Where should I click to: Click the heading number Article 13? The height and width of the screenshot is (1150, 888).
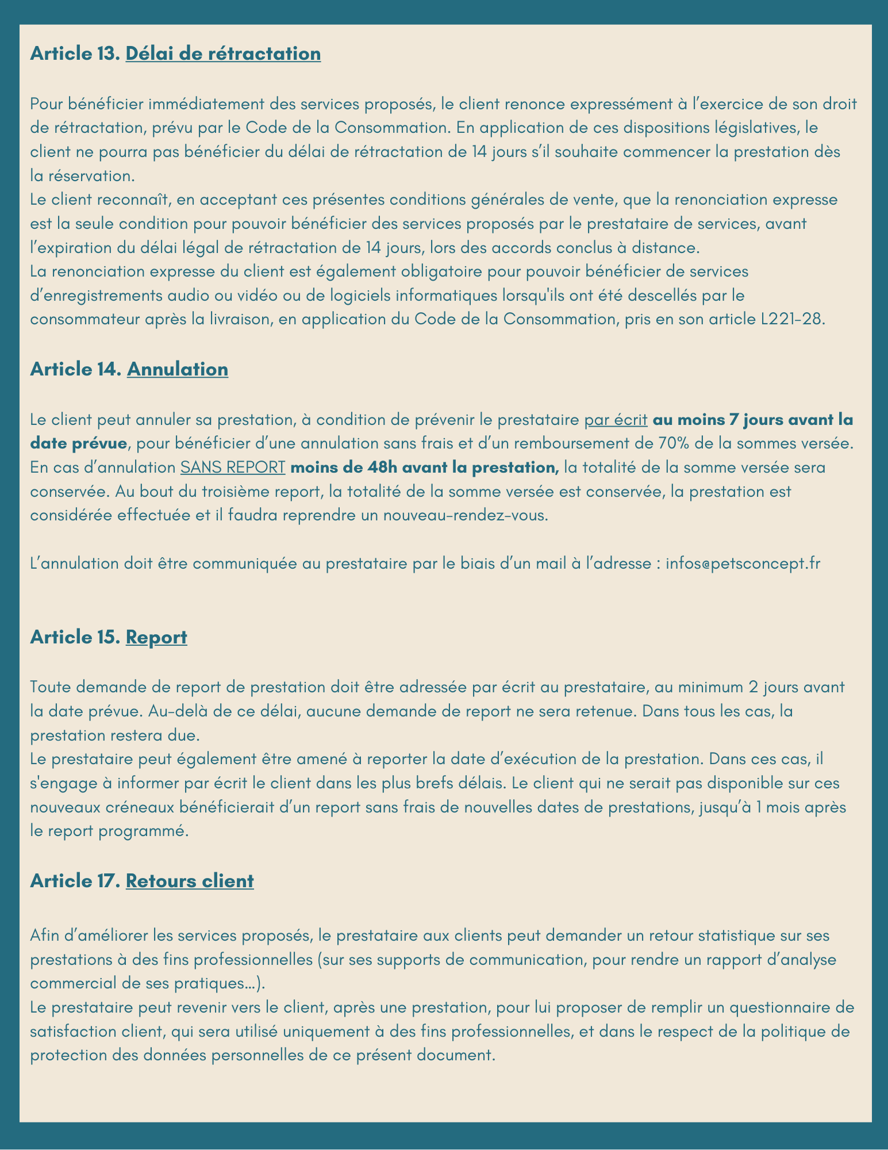(x=74, y=53)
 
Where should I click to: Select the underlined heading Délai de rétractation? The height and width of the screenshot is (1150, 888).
(x=223, y=53)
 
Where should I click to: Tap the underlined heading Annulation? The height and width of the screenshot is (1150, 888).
(x=178, y=369)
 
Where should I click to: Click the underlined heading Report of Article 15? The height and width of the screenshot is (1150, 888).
(x=156, y=637)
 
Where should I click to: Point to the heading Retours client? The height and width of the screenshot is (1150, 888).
(x=190, y=881)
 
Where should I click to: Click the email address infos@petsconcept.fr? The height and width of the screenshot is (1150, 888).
(x=743, y=563)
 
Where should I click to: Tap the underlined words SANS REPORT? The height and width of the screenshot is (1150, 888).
(x=233, y=467)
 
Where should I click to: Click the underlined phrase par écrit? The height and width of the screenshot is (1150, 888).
(x=616, y=420)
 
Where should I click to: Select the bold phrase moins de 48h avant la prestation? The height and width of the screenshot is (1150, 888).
(x=425, y=467)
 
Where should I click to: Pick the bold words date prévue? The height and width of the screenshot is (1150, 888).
(x=78, y=443)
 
